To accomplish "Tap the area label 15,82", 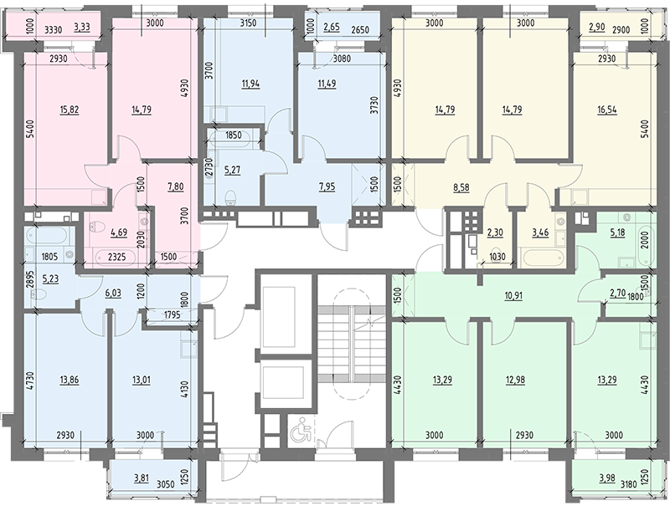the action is point(70,110).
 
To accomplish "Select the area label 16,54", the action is point(607,110).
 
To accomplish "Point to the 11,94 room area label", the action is point(250,84).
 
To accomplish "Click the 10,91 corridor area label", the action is point(513,295).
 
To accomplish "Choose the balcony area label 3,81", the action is point(142,478).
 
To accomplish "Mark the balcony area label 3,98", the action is point(607,478).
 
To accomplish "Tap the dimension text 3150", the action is point(248,23).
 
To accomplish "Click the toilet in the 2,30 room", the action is point(496,253).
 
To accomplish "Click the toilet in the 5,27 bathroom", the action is point(231,197).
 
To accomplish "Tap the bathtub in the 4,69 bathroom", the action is point(116,258).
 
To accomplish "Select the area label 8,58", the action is point(461,187).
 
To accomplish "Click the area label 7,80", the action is point(175,186).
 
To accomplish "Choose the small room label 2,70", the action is point(617,293).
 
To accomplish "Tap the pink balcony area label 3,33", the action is point(82,29).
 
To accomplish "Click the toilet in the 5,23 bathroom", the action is point(41,294).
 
